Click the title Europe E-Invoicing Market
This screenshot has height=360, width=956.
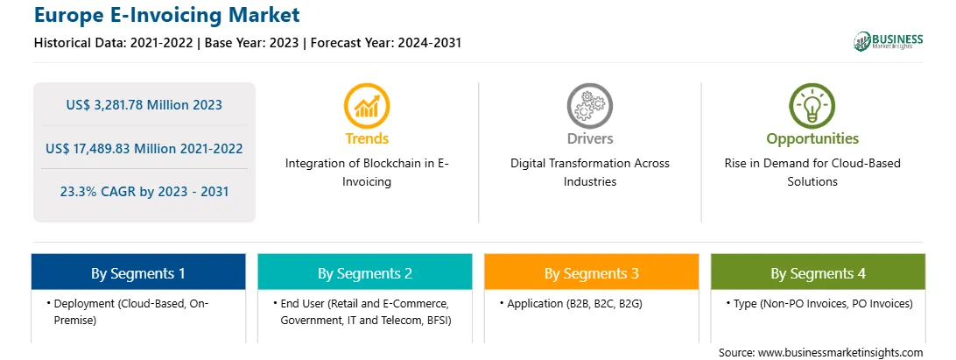[x=167, y=14]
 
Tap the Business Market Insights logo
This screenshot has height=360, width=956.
[x=888, y=41]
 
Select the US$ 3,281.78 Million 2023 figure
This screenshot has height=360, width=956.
[x=144, y=104]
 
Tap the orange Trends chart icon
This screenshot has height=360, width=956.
[x=367, y=106]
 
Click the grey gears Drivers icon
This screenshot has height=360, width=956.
[x=589, y=106]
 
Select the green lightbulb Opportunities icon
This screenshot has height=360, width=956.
[x=812, y=106]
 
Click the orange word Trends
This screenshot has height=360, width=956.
[x=367, y=138]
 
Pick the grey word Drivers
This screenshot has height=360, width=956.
[x=590, y=138]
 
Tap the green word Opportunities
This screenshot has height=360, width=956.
[x=812, y=139]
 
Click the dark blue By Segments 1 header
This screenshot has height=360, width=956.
[x=138, y=272]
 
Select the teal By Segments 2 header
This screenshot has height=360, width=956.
[x=364, y=272]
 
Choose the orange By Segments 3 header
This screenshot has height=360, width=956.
[x=592, y=272]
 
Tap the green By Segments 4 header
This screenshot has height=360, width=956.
[x=819, y=272]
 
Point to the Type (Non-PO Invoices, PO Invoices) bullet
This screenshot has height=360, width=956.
[x=819, y=303]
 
